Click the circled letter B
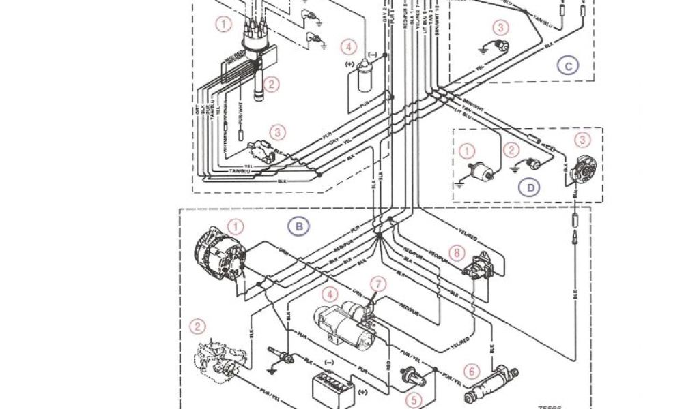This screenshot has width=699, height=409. coord(298,226)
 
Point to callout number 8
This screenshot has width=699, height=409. coord(457,252)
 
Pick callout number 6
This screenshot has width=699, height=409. coord(470,372)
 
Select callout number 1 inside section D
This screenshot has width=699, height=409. coord(467,151)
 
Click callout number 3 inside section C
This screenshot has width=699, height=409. coord(501,28)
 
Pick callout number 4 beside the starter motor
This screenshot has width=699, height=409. coord(330,295)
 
